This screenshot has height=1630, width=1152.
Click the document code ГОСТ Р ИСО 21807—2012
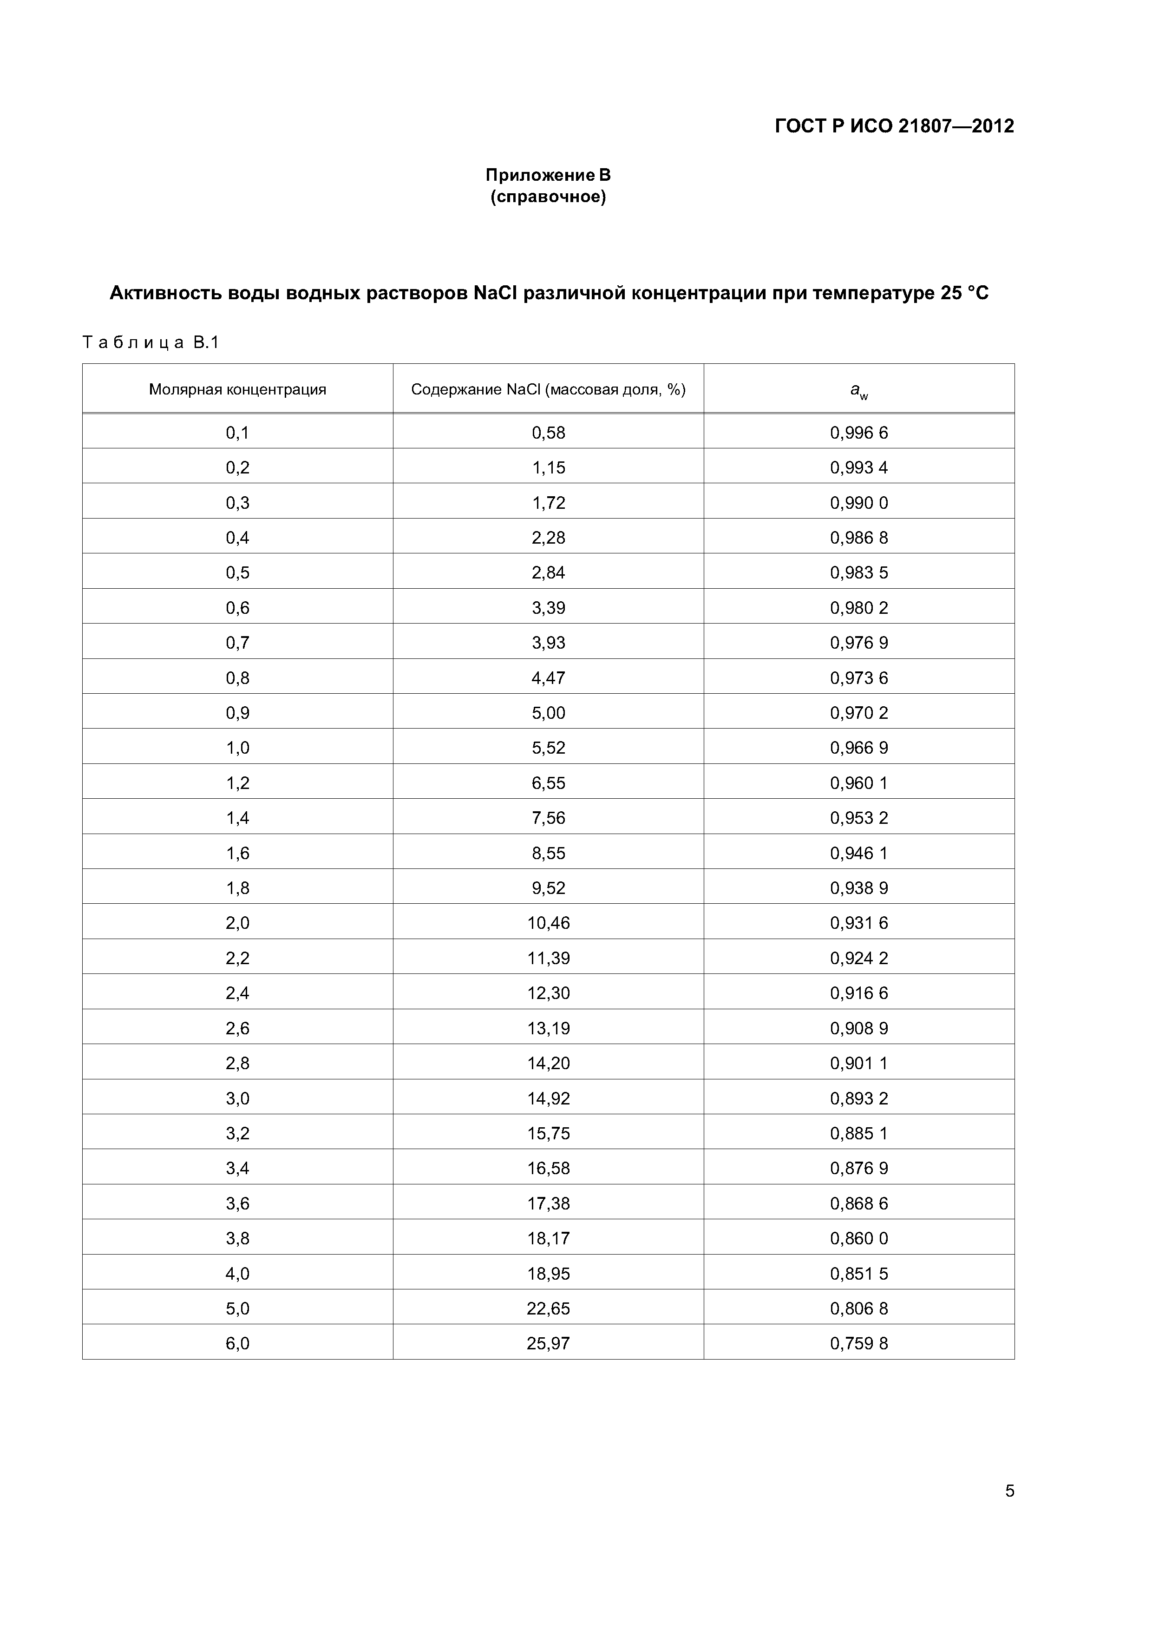(x=894, y=126)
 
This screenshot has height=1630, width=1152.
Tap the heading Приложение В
(x=548, y=175)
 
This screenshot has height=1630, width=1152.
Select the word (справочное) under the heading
(x=548, y=197)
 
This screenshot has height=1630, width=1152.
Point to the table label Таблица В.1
(x=151, y=343)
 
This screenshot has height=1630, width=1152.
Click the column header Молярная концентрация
(x=238, y=389)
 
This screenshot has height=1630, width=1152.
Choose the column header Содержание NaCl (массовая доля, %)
(x=548, y=389)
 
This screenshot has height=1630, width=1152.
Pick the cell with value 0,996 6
(x=859, y=432)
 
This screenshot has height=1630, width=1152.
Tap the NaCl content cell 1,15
(x=549, y=467)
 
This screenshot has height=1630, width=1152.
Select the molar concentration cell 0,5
(x=238, y=572)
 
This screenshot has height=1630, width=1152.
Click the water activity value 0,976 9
(x=859, y=643)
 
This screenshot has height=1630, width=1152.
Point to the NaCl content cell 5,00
(x=549, y=713)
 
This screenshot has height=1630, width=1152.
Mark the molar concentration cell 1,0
(x=238, y=748)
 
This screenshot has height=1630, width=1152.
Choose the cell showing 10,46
(x=549, y=923)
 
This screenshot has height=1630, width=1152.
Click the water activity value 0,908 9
(x=859, y=1028)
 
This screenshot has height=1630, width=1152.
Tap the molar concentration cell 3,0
(x=238, y=1098)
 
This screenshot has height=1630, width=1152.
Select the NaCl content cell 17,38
(x=549, y=1203)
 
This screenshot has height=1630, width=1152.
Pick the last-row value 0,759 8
(x=859, y=1343)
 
